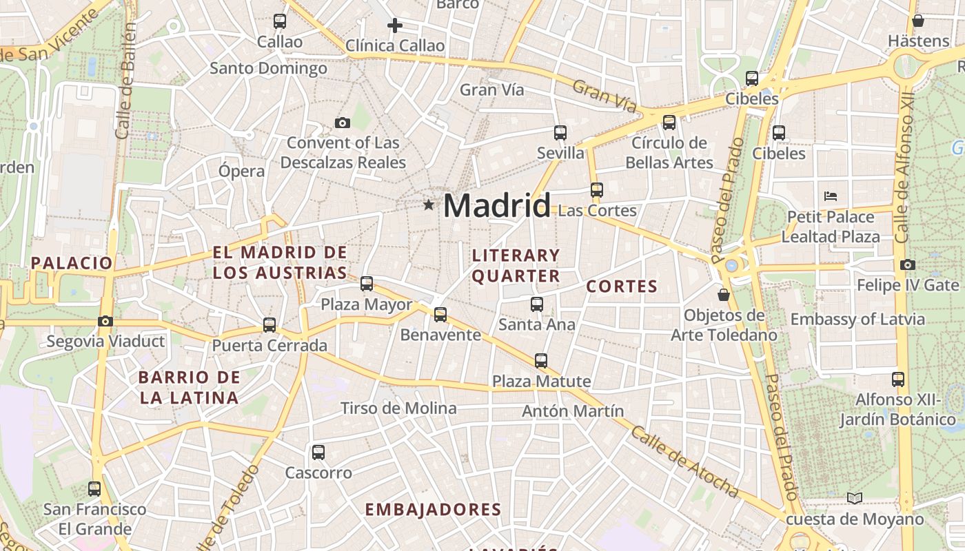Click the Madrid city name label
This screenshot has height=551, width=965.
point(497,205)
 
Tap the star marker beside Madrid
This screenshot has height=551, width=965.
point(429,205)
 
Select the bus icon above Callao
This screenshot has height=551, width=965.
point(279,21)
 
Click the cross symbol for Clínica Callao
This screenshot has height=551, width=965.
point(394,26)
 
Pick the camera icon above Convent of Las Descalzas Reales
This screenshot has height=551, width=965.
point(342,123)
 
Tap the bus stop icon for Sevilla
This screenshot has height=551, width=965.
point(560,133)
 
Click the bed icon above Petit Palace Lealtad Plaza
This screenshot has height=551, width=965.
point(830,196)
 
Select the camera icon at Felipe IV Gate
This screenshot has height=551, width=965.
point(907,264)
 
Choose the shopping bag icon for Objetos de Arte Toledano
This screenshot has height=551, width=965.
point(724,295)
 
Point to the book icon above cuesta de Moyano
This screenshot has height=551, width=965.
point(854,498)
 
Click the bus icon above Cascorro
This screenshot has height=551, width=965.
point(318,453)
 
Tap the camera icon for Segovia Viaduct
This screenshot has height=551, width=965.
point(105,321)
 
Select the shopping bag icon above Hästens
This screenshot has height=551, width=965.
point(917,21)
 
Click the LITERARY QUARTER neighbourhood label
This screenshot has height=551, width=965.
point(516,266)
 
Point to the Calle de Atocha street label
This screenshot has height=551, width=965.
point(684,461)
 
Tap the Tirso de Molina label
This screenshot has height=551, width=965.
point(398,408)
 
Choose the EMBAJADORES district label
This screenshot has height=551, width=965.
point(433,510)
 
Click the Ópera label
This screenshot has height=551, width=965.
point(241,171)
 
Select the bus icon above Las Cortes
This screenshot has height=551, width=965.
point(596,189)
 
